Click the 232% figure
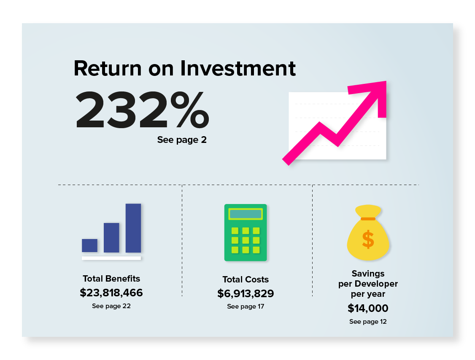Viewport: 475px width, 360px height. [x=142, y=109]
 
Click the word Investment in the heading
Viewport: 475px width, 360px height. [x=238, y=68]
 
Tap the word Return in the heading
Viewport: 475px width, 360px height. [x=108, y=68]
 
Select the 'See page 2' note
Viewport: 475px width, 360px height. [x=182, y=140]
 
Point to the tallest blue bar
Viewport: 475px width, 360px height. [x=133, y=228]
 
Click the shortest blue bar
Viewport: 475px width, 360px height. [x=90, y=245]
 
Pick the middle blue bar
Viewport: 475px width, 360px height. [x=111, y=238]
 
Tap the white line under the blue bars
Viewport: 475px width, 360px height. [x=111, y=258]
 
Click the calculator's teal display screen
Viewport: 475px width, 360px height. [x=246, y=214]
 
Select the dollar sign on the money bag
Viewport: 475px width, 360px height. [x=368, y=239]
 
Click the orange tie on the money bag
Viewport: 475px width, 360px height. [x=368, y=219]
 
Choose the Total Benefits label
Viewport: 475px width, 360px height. [x=111, y=279]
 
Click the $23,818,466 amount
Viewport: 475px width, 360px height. [x=111, y=293]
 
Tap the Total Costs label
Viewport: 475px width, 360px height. [x=246, y=279]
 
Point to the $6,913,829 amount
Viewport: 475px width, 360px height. [x=246, y=293]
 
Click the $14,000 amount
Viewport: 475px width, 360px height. [x=368, y=308]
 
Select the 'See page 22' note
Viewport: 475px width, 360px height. [x=111, y=306]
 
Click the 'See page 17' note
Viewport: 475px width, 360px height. [x=246, y=306]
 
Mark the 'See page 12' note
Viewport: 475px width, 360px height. [x=368, y=322]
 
